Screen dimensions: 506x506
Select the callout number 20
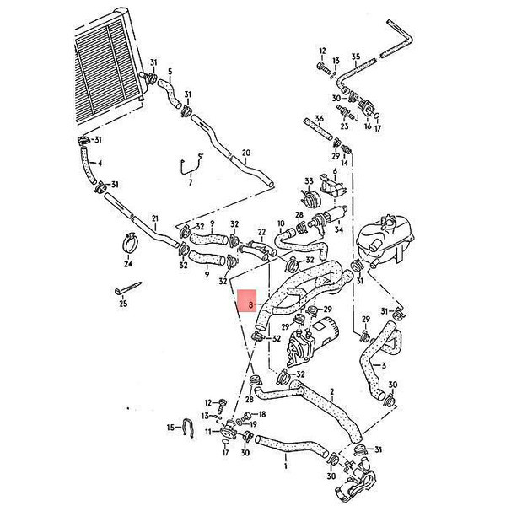245,153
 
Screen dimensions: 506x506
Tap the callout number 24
128,263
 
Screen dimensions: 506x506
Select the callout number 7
191,181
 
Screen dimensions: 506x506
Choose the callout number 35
356,57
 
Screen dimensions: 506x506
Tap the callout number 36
319,118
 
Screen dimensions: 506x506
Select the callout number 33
309,181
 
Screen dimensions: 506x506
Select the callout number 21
155,220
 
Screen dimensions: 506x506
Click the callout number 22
261,232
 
